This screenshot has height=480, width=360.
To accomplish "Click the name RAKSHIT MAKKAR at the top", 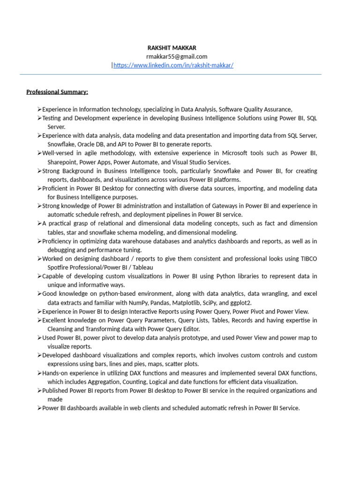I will click(172, 48).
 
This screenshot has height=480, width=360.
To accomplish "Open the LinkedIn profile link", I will click(173, 65).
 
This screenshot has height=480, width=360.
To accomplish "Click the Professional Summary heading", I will click(57, 91).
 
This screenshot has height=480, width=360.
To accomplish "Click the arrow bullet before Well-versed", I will click(39, 153).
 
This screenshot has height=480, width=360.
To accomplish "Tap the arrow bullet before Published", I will click(39, 391).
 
